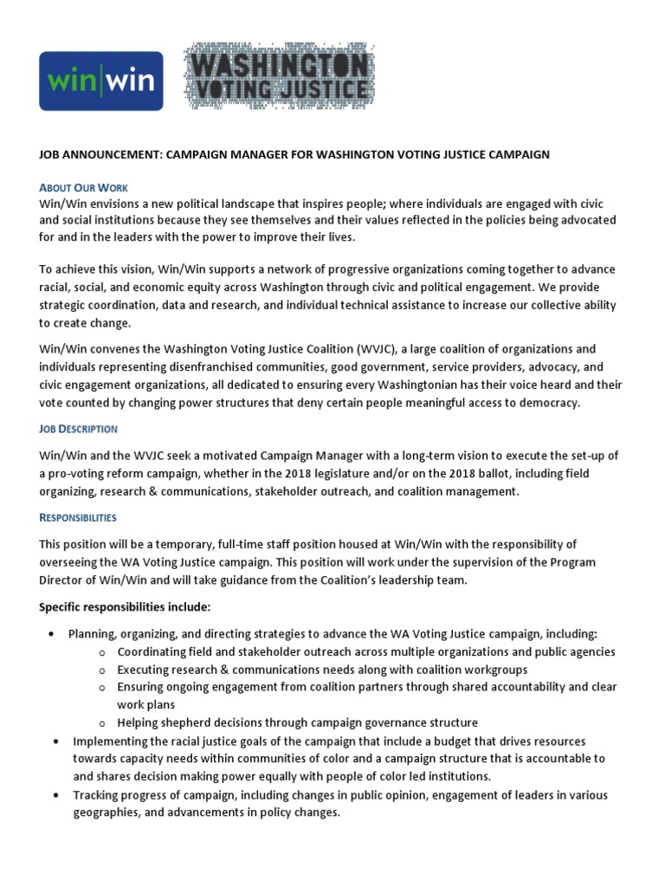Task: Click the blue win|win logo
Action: click(101, 81)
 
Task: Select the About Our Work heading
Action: click(83, 188)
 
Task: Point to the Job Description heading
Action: click(78, 429)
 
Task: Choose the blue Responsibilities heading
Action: click(78, 517)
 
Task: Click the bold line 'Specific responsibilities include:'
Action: click(125, 605)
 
